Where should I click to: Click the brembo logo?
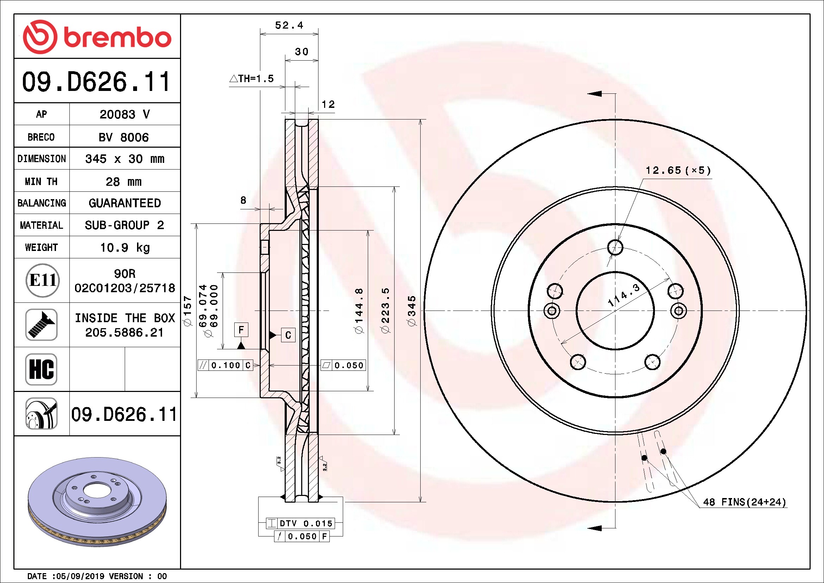[x=97, y=37]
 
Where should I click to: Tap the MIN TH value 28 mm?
[x=123, y=182]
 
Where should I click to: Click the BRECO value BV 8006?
[x=123, y=137]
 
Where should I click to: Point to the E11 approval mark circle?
[x=43, y=280]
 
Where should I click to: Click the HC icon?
[x=42, y=369]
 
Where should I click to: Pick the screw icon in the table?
[x=42, y=325]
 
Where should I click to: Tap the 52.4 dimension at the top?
[x=289, y=25]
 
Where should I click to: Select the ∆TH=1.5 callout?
[x=252, y=78]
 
